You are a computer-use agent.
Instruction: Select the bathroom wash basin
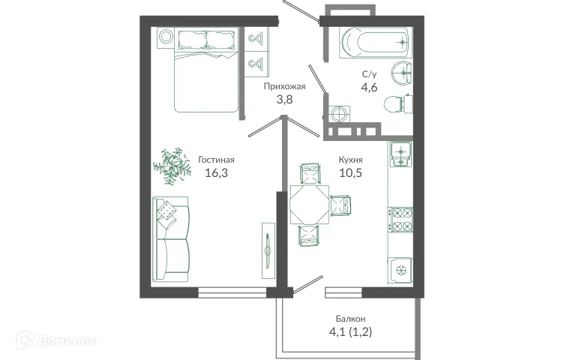click(405, 73)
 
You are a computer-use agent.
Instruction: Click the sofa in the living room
click(171, 239)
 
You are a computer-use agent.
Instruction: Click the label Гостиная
click(217, 160)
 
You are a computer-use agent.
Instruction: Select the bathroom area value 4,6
click(369, 88)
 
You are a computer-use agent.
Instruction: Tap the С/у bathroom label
click(369, 73)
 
